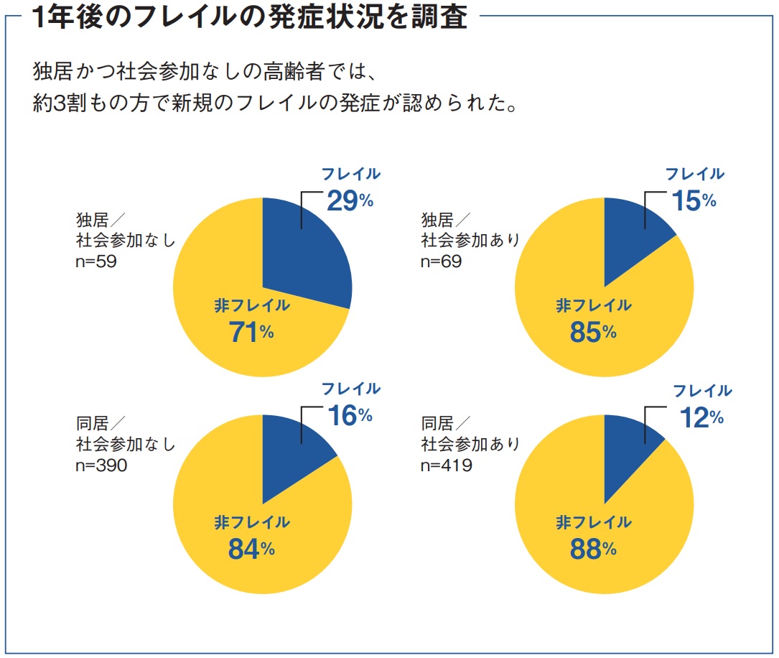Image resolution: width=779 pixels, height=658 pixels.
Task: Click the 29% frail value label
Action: [350, 200]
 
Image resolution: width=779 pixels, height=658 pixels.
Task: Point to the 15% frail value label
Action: [694, 200]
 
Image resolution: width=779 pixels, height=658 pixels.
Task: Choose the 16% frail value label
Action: [350, 416]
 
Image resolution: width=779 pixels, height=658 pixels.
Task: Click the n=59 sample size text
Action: [96, 261]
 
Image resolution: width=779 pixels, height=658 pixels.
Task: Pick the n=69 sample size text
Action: [441, 261]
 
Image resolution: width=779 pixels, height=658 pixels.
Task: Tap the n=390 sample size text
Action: [101, 465]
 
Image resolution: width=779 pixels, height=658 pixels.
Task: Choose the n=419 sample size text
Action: [446, 465]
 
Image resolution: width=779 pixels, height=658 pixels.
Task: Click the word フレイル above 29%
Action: [350, 174]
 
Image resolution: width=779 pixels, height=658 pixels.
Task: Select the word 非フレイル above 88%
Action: [593, 522]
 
